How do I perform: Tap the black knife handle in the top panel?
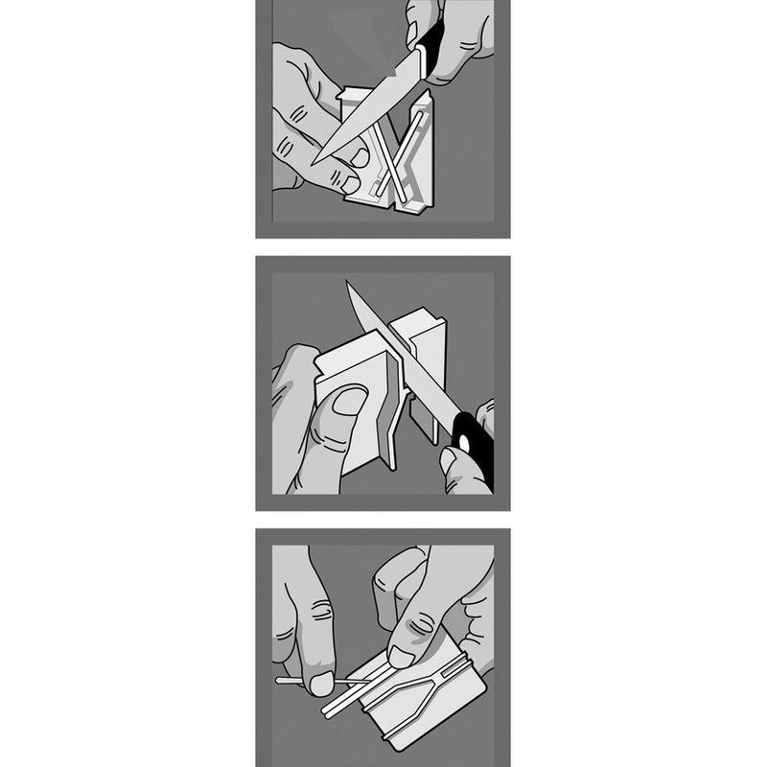[x=430, y=43]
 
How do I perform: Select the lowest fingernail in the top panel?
[x=350, y=181]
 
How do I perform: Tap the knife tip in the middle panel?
[x=348, y=285]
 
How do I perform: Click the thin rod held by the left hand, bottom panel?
[x=297, y=682]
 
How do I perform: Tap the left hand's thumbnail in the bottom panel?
[x=321, y=683]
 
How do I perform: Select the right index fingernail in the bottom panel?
[x=402, y=655]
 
